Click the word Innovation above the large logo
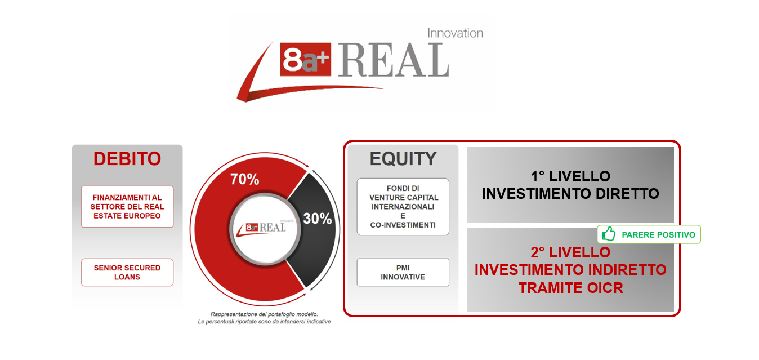click(x=455, y=33)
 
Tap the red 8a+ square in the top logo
click(x=305, y=59)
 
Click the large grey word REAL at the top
click(x=394, y=60)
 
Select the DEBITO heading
click(x=127, y=159)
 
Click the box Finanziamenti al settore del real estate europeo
click(x=127, y=206)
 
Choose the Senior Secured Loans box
click(x=127, y=272)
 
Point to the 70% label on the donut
click(x=244, y=179)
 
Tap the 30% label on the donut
click(x=317, y=219)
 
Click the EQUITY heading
click(x=403, y=159)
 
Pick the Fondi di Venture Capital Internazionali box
click(x=403, y=206)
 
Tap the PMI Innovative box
click(x=403, y=272)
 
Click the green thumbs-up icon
click(x=609, y=234)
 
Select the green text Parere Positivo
click(x=658, y=234)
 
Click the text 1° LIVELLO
click(x=570, y=176)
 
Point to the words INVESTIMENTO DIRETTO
click(x=570, y=194)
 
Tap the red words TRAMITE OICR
click(x=570, y=288)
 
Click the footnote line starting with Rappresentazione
click(x=264, y=314)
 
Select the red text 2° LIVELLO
click(x=570, y=252)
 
